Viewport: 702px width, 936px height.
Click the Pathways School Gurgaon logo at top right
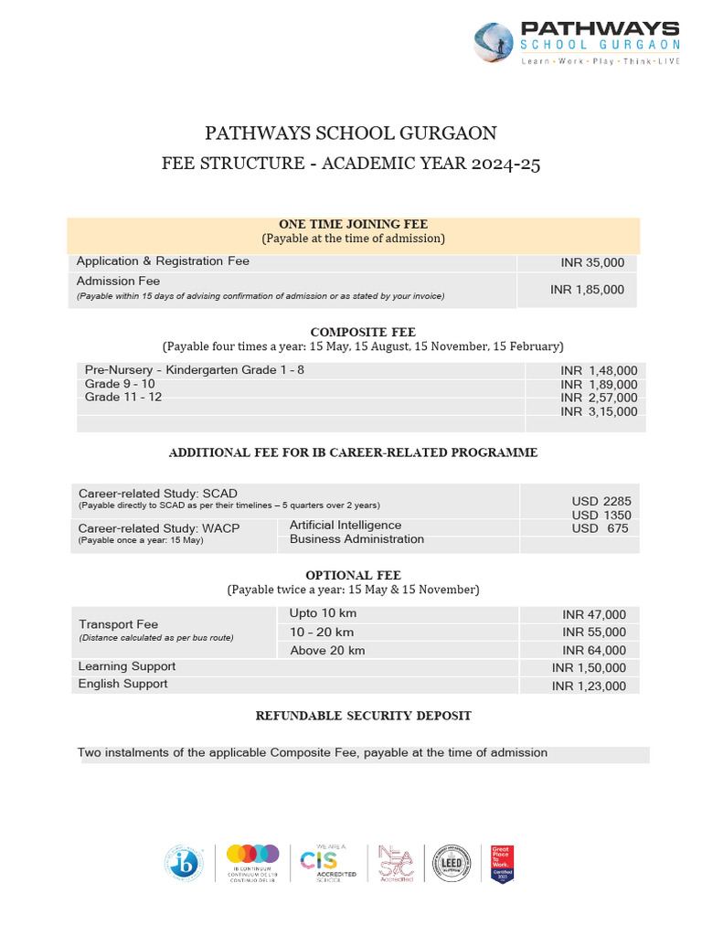click(577, 44)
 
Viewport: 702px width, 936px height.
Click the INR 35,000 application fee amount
click(592, 262)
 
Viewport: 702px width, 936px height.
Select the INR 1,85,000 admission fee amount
click(587, 290)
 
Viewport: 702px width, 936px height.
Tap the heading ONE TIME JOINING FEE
click(353, 224)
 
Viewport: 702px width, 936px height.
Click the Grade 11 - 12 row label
click(123, 398)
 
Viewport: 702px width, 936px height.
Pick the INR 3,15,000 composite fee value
click(598, 412)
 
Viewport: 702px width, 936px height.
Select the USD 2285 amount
click(601, 501)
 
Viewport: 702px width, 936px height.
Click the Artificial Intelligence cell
click(346, 525)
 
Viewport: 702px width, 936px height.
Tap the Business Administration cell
click(356, 539)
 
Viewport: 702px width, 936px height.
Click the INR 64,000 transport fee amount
click(594, 650)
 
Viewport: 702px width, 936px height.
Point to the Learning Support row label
click(126, 666)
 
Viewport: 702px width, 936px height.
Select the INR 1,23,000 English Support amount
click(589, 686)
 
